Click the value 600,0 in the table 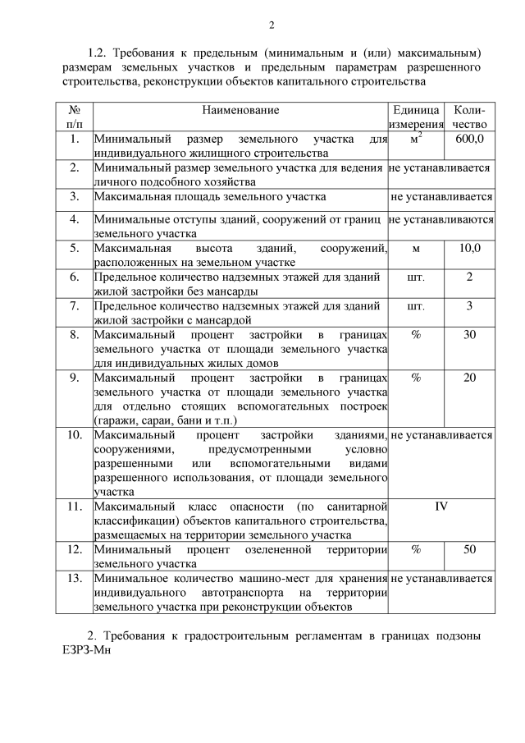[x=470, y=139]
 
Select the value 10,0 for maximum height [x=470, y=248]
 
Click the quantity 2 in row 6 [x=470, y=277]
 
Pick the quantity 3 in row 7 [x=470, y=305]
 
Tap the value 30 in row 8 [x=470, y=334]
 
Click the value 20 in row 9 [x=470, y=378]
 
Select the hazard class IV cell [x=441, y=506]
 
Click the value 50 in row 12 [x=470, y=549]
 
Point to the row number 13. [x=74, y=578]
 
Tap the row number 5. [x=74, y=248]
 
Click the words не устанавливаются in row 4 [x=441, y=219]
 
